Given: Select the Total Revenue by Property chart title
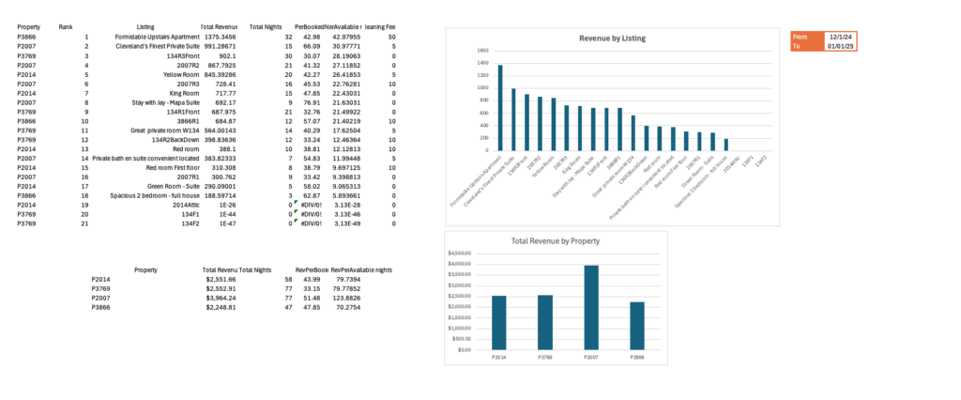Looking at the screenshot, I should [555, 241].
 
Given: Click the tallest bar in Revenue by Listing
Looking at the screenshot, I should [500, 107].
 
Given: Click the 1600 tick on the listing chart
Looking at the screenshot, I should [482, 51].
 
